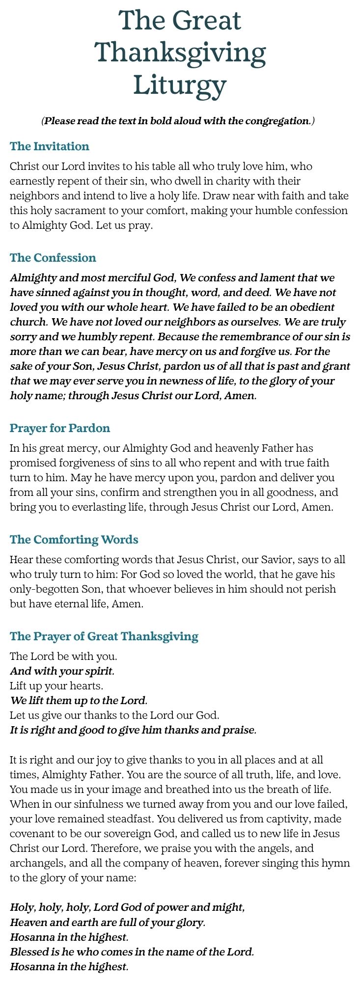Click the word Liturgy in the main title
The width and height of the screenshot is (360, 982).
pyautogui.click(x=180, y=85)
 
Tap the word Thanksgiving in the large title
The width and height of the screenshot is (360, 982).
pyautogui.click(x=180, y=53)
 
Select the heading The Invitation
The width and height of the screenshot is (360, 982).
pyautogui.click(x=50, y=146)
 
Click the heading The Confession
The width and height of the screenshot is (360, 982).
pyautogui.click(x=53, y=258)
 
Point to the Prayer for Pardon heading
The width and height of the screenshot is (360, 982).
pyautogui.click(x=60, y=428)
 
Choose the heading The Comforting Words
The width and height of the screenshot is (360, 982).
pyautogui.click(x=74, y=540)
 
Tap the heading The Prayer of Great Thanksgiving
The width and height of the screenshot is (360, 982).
pyautogui.click(x=104, y=636)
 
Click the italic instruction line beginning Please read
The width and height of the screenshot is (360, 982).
pyautogui.click(x=178, y=121)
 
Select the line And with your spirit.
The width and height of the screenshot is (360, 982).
pyautogui.click(x=62, y=671)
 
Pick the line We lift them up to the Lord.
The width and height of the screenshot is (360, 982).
pyautogui.click(x=79, y=701)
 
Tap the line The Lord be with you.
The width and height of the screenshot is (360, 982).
pyautogui.click(x=63, y=656)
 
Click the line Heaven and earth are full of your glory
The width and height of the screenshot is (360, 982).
pyautogui.click(x=108, y=922)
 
